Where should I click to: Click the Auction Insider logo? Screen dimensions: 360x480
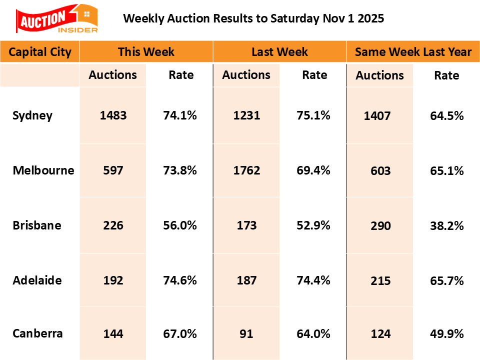point(57,19)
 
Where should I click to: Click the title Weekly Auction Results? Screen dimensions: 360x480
point(253,18)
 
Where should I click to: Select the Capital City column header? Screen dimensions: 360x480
point(40,52)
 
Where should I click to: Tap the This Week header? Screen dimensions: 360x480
point(146,52)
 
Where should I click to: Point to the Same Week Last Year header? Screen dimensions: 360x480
point(413,52)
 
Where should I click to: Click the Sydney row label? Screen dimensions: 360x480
point(32,116)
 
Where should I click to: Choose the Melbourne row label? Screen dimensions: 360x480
point(43,170)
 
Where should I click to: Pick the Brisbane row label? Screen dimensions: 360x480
point(37,225)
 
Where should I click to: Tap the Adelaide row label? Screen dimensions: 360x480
point(37,280)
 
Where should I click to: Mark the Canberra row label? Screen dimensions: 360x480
point(38,333)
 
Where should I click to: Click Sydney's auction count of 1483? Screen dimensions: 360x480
point(113,116)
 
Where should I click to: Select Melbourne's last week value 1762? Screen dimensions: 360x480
point(246,170)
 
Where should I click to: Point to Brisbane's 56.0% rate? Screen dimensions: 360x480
point(180,225)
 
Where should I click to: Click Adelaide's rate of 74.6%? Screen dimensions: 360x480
point(180,280)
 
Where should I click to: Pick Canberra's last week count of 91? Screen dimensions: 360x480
point(246,333)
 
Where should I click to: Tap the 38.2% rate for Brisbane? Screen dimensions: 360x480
point(446,225)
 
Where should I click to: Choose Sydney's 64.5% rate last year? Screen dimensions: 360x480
point(446,116)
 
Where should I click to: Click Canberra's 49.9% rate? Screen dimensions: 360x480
point(446,334)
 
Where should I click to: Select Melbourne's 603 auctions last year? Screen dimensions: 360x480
point(380,171)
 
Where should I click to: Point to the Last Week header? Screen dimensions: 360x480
point(280,52)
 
